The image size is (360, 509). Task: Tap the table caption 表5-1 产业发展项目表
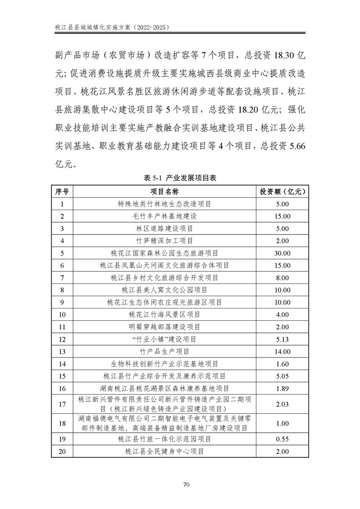pos(180,178)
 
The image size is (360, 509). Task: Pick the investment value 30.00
pos(282,253)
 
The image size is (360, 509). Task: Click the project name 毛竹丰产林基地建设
pos(164,216)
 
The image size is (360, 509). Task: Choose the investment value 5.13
pos(282,339)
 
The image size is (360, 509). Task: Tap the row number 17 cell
pos(62,404)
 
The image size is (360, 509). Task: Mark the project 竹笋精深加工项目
pos(164,240)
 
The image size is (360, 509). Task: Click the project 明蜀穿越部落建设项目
pos(164,327)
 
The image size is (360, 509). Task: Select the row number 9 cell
pos(62,302)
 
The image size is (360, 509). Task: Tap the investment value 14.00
pos(282,351)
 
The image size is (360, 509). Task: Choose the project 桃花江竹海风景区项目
pos(164,314)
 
